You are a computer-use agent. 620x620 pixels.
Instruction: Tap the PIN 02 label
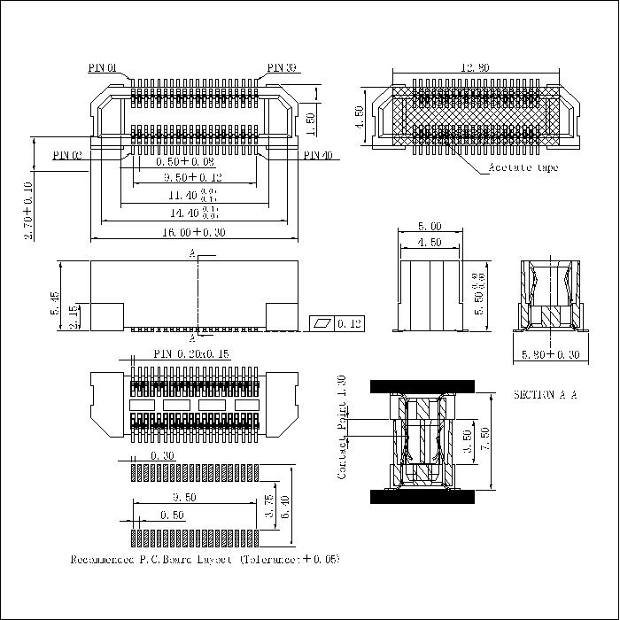pos(67,155)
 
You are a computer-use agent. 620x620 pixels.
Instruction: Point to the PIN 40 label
pos(317,155)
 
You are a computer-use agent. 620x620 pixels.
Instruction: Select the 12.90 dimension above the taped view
pos(476,67)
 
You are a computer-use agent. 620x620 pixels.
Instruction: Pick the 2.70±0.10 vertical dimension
pos(28,211)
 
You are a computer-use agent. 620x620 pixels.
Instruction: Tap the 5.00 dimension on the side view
pos(430,227)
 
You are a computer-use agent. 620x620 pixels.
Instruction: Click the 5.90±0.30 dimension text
pos(548,356)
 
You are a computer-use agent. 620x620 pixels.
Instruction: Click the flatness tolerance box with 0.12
pos(337,324)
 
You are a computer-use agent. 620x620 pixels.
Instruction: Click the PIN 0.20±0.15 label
pos(191,353)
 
